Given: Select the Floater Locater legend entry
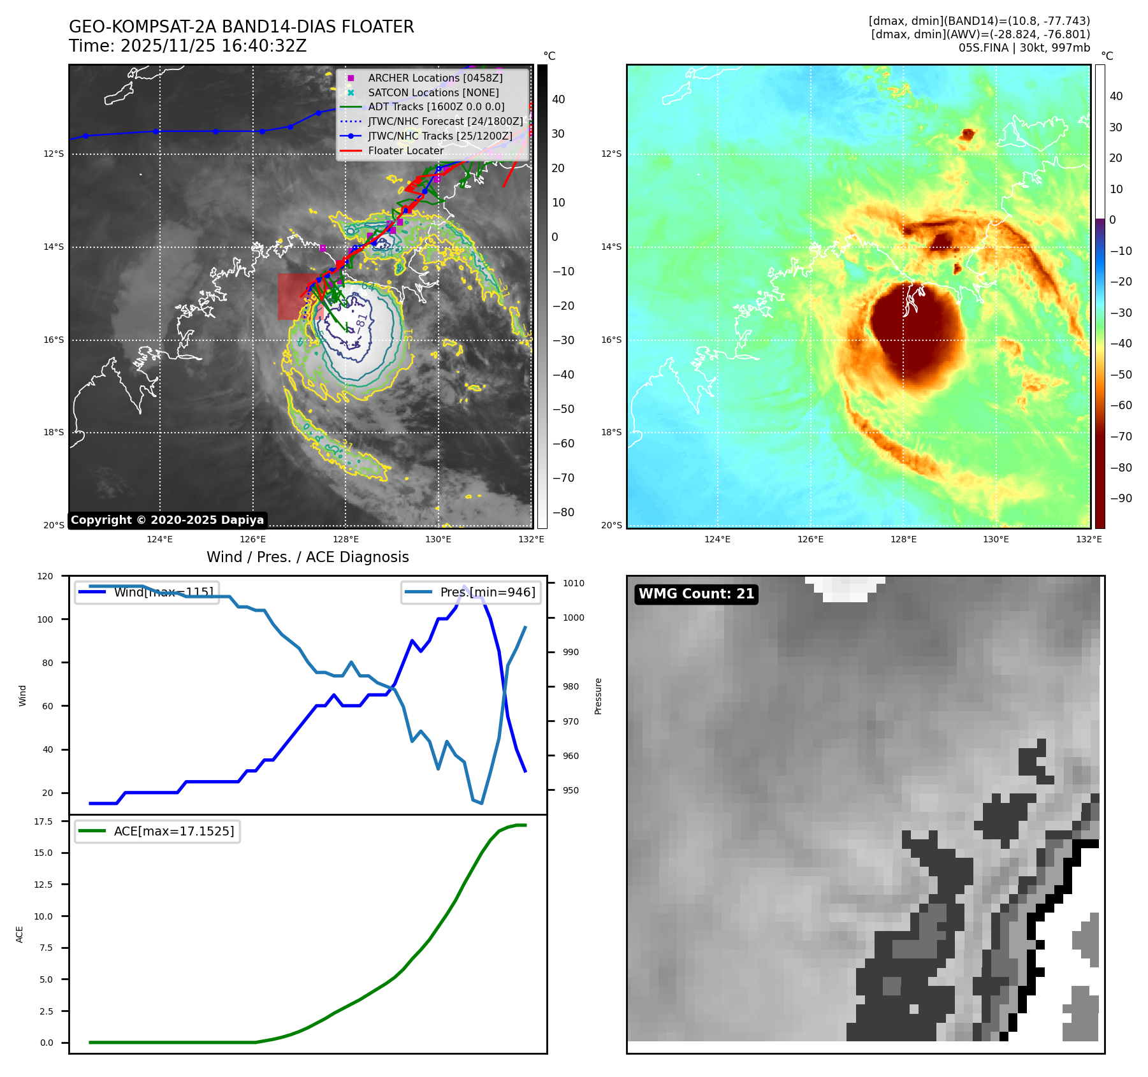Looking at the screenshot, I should click(405, 150).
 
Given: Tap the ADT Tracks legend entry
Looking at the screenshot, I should click(436, 107).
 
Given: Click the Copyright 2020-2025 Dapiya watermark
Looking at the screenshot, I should click(167, 520).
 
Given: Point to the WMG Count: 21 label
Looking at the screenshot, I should click(696, 594).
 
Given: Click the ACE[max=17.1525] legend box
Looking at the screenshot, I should click(157, 831).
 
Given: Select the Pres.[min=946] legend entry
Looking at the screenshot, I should click(471, 592).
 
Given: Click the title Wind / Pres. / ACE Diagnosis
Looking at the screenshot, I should click(307, 557).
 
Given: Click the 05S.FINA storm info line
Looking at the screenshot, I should click(1024, 48).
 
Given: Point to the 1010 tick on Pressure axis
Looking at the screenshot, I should click(574, 583).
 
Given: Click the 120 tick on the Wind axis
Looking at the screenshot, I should click(45, 576).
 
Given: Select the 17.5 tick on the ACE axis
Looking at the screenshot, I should click(43, 821).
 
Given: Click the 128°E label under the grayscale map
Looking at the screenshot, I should click(347, 539).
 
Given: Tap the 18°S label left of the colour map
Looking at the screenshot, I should click(611, 432).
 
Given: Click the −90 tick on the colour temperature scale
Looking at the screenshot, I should click(1121, 498).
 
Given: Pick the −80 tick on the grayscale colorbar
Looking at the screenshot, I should click(563, 512).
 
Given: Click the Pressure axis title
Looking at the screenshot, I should click(598, 696).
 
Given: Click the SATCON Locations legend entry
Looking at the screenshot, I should click(433, 92).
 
